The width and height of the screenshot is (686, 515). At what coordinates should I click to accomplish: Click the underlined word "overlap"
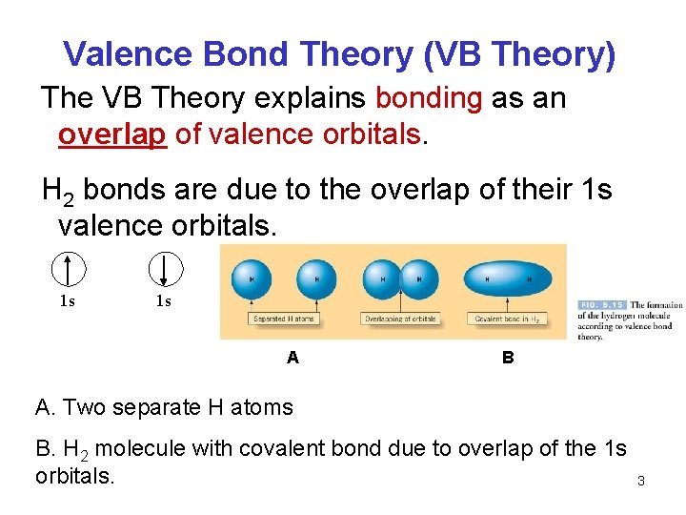112,135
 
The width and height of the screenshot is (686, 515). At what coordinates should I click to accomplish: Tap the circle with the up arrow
70,269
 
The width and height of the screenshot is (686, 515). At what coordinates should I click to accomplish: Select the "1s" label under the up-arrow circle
68,302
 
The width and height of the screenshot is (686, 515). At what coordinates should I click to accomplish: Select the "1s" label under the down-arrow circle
164,302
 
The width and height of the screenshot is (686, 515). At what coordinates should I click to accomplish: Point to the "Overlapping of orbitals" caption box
400,319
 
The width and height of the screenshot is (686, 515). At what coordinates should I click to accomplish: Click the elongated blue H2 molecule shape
506,278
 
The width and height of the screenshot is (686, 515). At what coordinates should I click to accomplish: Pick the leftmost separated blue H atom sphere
252,278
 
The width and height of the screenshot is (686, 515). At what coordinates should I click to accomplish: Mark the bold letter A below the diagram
293,358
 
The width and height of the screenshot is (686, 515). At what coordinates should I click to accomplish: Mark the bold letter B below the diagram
508,358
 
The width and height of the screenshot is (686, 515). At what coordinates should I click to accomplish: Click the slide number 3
640,481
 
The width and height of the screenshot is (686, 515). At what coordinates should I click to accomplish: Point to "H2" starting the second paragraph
58,192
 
